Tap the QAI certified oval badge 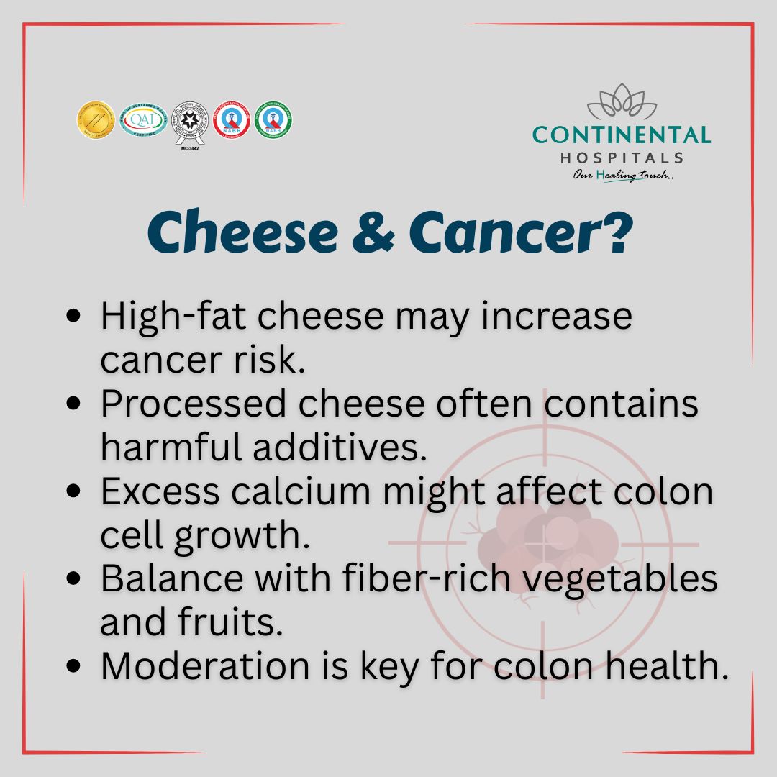click(142, 119)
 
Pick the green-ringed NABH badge click(273, 119)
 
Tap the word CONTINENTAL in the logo click(622, 135)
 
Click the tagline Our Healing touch click(623, 176)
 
